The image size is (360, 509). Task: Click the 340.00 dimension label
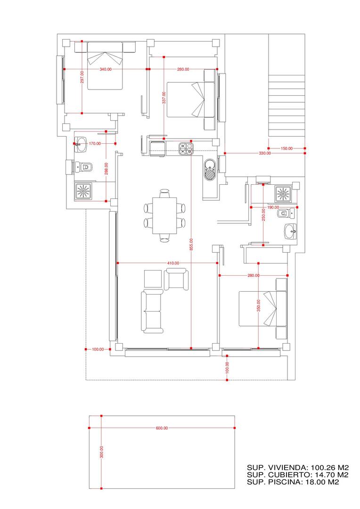pos(106,69)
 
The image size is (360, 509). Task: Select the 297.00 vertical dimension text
pos(82,78)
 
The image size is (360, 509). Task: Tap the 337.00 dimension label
pos(164,98)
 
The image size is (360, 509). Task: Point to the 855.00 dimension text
pos(191,244)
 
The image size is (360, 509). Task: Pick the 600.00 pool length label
pos(162,428)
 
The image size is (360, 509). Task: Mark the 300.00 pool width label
pos(102,452)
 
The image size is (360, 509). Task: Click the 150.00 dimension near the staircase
pos(286,148)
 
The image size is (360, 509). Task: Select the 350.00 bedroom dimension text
pos(259,305)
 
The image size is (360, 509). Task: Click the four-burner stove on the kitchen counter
pos(186,148)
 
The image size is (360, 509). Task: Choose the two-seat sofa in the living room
pos(152,312)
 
